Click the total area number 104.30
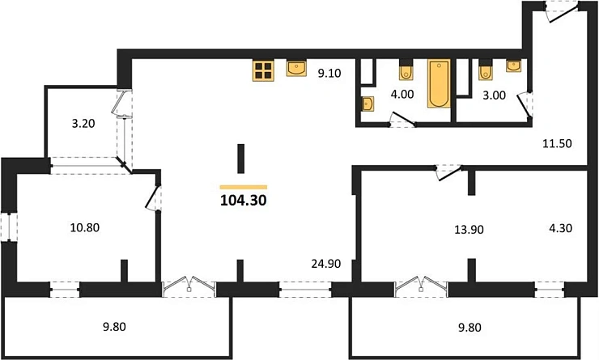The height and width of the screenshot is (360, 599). [x=244, y=200]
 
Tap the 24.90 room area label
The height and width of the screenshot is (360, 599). [x=326, y=264]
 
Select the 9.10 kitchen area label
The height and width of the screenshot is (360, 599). [x=329, y=73]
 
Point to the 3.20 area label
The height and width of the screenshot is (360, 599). [x=83, y=123]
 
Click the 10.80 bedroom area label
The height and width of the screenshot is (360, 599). [x=85, y=227]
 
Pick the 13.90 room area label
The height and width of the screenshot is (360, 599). [x=469, y=230]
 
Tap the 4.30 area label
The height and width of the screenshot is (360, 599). [x=560, y=228]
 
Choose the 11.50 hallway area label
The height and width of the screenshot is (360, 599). [x=558, y=143]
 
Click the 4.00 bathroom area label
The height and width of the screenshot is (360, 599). [x=402, y=94]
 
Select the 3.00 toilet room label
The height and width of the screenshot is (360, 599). [x=495, y=95]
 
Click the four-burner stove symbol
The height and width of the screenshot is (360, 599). [x=263, y=70]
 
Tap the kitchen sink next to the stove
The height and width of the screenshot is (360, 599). [x=296, y=68]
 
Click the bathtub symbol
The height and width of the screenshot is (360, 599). [x=439, y=83]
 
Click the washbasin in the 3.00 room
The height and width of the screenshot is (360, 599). [x=514, y=66]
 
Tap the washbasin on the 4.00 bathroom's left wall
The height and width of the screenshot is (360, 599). [x=367, y=104]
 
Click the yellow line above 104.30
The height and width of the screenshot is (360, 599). [x=244, y=187]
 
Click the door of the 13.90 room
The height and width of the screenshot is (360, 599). [x=449, y=172]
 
